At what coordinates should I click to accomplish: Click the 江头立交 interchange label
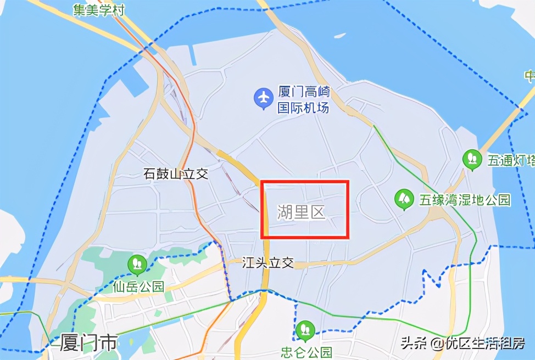(268, 263)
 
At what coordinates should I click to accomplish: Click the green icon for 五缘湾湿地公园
(404, 199)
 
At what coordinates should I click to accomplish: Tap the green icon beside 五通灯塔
(471, 160)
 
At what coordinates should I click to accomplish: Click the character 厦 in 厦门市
(57, 343)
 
